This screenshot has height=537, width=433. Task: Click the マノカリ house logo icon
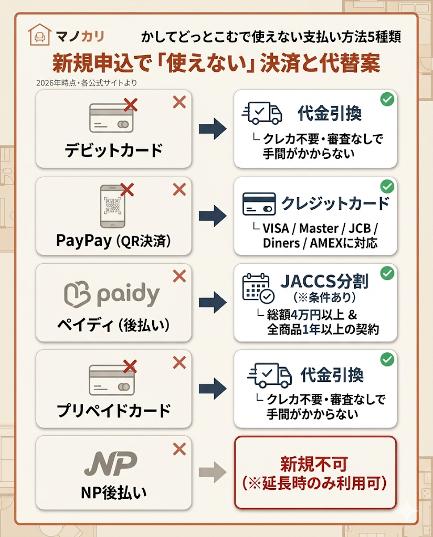coord(40,36)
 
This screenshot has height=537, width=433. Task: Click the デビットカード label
coord(113,151)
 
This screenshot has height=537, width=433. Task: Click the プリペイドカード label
coord(113,410)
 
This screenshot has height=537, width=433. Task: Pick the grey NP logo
coord(111,464)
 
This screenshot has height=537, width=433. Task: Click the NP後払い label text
coord(113,493)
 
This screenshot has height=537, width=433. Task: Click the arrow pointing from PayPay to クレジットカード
coord(212,216)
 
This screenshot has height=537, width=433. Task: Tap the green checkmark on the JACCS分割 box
coord(387,273)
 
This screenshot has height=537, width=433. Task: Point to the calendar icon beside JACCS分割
coord(258,288)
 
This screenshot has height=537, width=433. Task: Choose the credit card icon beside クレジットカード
coord(259,203)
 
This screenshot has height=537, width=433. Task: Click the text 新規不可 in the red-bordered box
coord(314,465)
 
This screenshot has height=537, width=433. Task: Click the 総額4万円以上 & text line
coord(320,315)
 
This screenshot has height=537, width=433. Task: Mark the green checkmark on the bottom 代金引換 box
coord(387,359)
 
